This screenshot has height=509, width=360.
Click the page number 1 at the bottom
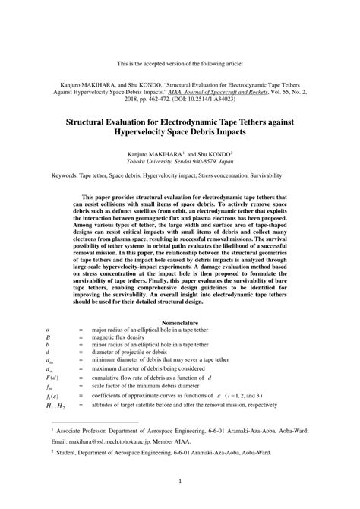[x=180, y=480]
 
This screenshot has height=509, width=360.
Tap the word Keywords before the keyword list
[x=68, y=174]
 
